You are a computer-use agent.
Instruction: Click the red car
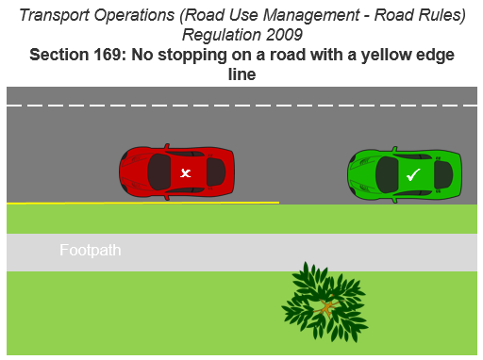[178, 172]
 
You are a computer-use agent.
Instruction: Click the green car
[405, 173]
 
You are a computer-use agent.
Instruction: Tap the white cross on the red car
[186, 172]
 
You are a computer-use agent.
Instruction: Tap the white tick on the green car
[412, 174]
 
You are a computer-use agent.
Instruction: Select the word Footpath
[91, 251]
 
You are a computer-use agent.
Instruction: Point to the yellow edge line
[142, 203]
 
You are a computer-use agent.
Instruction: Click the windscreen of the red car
[213, 172]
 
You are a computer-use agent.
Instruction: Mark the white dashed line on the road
[241, 105]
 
